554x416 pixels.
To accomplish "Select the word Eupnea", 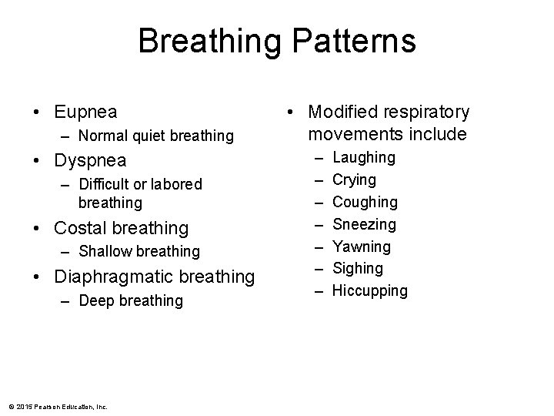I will (x=86, y=112).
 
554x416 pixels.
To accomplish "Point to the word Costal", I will (x=81, y=228).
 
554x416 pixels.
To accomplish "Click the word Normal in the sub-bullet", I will (x=102, y=136).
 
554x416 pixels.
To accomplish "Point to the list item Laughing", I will (x=364, y=157).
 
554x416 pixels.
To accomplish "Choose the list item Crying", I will (x=355, y=179).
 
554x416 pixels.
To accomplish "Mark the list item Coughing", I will (x=365, y=202).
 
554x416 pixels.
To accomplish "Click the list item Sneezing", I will (x=365, y=224).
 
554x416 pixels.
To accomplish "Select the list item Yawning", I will (x=362, y=247).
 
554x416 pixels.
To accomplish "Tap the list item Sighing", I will (x=358, y=268).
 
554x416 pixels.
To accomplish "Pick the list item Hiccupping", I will (x=370, y=290).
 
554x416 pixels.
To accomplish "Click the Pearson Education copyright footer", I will (x=58, y=406).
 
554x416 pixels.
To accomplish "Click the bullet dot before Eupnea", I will (x=38, y=112).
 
